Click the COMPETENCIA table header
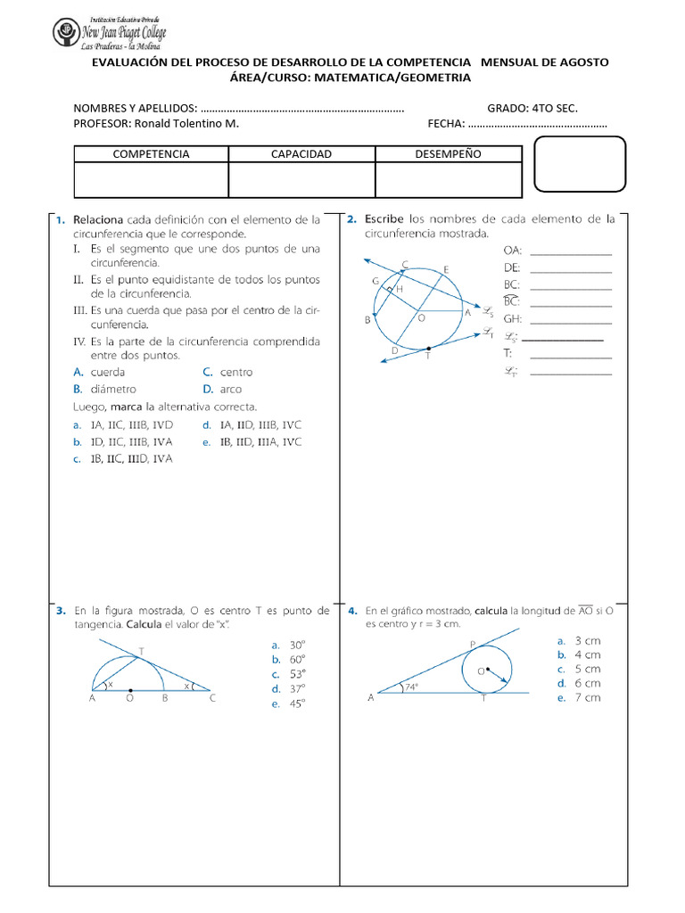(x=151, y=154)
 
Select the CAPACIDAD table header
(x=301, y=154)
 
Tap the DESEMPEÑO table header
(x=448, y=154)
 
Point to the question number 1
(x=61, y=219)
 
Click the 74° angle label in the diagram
(x=411, y=687)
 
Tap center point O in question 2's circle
(x=417, y=312)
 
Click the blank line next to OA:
(x=571, y=254)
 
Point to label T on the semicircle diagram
(x=140, y=651)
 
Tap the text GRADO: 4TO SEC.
(x=532, y=108)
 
